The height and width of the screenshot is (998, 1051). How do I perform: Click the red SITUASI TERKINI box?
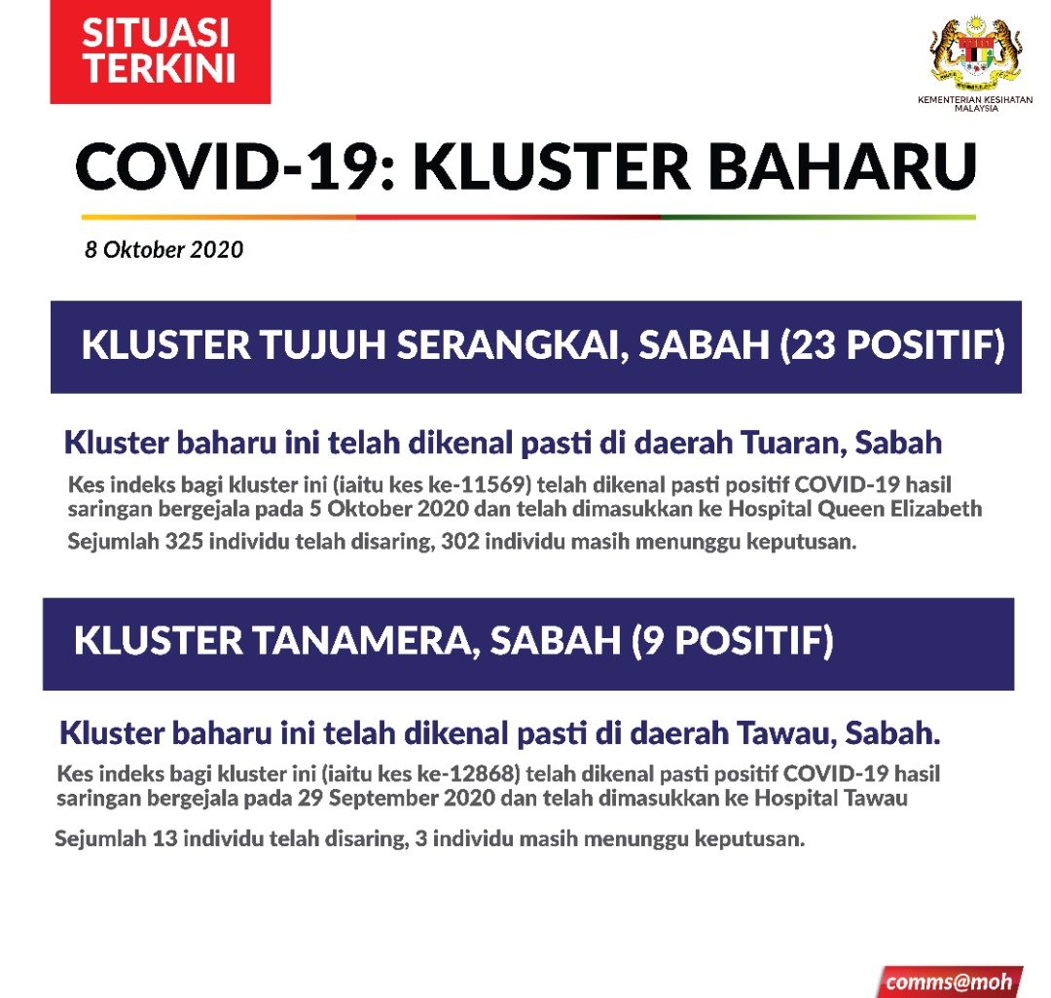pyautogui.click(x=161, y=52)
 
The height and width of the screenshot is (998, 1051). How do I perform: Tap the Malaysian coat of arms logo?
pyautogui.click(x=976, y=53)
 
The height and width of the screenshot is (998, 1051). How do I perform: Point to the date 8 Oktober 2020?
pyautogui.click(x=163, y=250)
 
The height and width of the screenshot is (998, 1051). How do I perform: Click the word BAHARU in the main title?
pyautogui.click(x=843, y=166)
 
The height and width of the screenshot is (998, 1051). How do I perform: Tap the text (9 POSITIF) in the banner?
pyautogui.click(x=733, y=640)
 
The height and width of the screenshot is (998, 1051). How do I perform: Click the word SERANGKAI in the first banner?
pyautogui.click(x=513, y=345)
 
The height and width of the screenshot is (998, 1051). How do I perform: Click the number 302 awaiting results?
pyautogui.click(x=460, y=541)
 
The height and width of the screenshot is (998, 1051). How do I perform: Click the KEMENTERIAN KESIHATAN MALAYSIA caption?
pyautogui.click(x=976, y=104)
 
